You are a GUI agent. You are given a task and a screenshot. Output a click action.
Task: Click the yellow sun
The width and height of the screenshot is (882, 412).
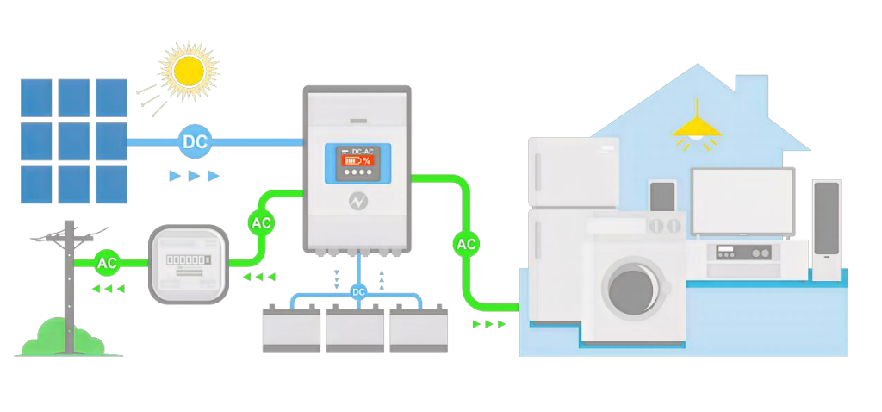tap(189, 71)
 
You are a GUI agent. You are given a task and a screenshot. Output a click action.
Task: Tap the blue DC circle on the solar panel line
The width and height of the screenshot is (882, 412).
tap(196, 142)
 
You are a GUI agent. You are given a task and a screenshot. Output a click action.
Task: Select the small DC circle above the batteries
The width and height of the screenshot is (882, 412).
tap(358, 292)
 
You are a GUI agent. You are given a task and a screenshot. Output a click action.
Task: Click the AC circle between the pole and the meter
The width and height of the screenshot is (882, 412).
tap(107, 262)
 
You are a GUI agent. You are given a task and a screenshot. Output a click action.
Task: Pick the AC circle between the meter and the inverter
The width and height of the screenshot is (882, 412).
tap(261, 223)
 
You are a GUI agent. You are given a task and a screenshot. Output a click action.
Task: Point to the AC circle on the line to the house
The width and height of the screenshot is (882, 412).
tap(466, 244)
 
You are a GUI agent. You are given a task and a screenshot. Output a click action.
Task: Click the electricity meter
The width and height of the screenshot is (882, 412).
tap(189, 264)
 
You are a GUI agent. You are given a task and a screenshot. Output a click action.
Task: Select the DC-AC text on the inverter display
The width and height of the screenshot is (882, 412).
tap(363, 152)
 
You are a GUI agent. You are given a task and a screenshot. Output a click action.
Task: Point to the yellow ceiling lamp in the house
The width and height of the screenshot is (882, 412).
tap(696, 128)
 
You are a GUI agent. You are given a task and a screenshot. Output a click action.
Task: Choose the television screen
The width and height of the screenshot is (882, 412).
tap(742, 202)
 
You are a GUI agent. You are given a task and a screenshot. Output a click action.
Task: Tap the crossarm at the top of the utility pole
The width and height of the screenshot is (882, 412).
tap(69, 239)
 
